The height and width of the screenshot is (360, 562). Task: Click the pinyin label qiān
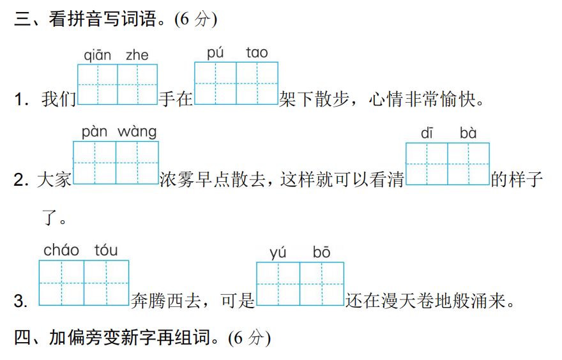[x=98, y=56]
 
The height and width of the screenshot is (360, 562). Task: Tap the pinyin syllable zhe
[x=137, y=56]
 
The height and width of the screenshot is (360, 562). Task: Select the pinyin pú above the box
[x=215, y=53]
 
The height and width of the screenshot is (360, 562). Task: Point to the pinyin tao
[x=257, y=53]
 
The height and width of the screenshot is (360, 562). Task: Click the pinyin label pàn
[x=95, y=132]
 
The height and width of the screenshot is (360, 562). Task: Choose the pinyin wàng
[x=137, y=132]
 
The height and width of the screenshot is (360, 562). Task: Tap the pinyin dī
[x=427, y=133]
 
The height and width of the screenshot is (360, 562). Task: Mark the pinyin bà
[x=468, y=133]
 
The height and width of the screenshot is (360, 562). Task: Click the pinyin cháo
[x=61, y=250]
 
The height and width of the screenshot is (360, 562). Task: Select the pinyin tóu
[x=106, y=250]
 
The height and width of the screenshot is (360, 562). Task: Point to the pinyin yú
[x=278, y=253]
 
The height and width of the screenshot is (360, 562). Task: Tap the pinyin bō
[x=321, y=253]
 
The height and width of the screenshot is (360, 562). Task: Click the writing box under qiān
[x=97, y=84]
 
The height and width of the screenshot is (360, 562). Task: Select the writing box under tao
[x=257, y=83]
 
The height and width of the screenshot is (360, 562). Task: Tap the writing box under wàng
[x=137, y=163]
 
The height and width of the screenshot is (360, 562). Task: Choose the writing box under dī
[x=427, y=164]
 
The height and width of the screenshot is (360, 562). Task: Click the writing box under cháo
[x=61, y=283]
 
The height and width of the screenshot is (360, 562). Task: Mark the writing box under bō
[x=321, y=284]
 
